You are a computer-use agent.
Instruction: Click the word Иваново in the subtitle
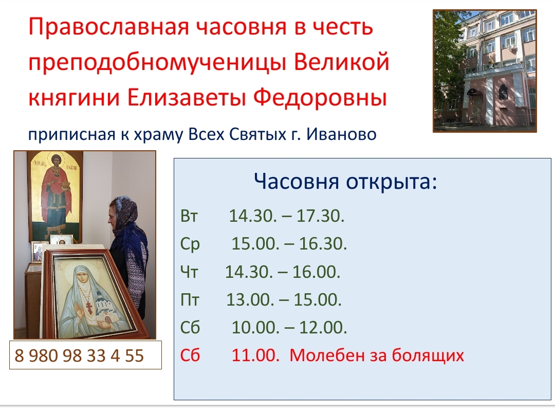341,134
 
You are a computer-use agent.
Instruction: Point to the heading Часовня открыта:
345,182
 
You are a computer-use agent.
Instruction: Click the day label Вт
189,216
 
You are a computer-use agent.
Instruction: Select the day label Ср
190,244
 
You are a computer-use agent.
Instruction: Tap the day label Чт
189,272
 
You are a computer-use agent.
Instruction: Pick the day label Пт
190,300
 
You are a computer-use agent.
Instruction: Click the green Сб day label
190,328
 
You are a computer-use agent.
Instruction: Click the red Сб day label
190,355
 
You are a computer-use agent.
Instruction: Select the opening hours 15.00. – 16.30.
289,244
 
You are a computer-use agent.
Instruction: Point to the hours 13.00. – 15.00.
284,300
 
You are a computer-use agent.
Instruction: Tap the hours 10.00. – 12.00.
289,328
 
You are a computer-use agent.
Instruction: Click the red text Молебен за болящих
377,356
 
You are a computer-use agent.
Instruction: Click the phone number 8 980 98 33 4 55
79,356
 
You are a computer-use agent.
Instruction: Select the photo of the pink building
485,71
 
